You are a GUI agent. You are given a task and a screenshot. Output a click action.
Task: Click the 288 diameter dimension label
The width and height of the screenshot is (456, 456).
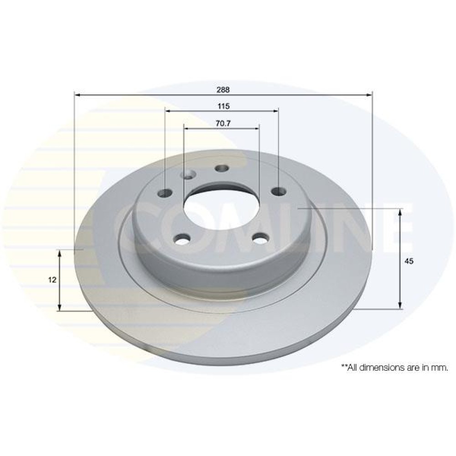coord(223,89)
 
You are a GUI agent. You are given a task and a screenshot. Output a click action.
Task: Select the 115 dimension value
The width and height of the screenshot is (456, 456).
coord(223,106)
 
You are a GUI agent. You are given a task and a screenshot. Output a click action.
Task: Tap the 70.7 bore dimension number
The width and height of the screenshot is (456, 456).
coord(223,123)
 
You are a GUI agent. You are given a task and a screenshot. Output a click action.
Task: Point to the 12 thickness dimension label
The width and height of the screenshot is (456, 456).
coord(52,280)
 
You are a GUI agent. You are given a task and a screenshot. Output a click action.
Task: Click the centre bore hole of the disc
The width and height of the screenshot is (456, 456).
coord(222,207)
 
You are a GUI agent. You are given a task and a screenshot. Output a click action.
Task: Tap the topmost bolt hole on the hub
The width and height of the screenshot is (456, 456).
coord(222,168)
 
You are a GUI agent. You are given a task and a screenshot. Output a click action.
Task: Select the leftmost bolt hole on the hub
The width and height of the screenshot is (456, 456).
coord(165,192)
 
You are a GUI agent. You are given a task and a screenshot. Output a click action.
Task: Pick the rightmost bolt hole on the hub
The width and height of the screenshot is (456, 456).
coord(279,191)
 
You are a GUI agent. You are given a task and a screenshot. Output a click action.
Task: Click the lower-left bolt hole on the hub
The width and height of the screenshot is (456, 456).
coord(182,239)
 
